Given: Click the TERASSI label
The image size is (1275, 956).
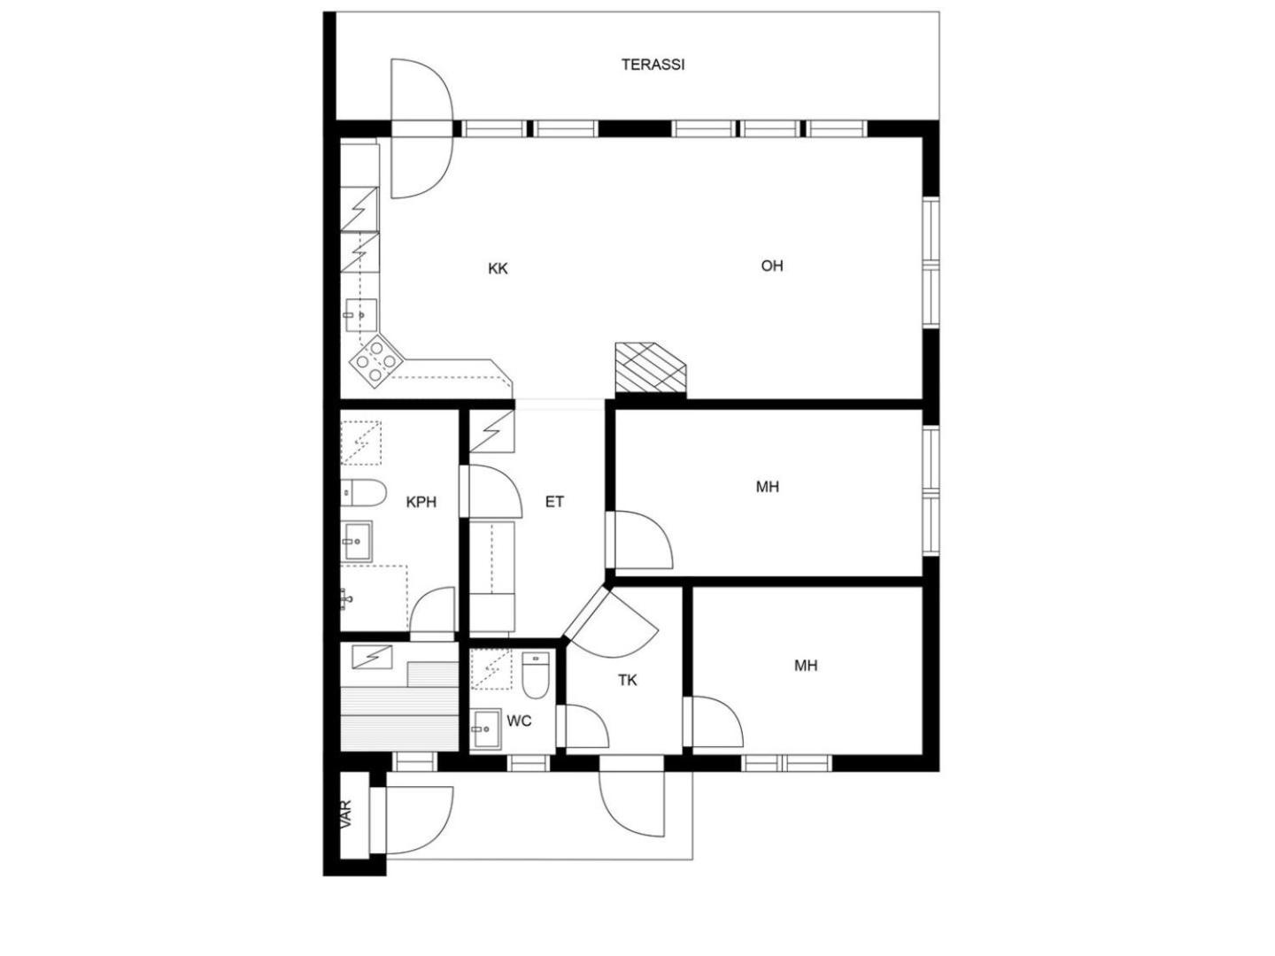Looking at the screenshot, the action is pyautogui.click(x=653, y=65).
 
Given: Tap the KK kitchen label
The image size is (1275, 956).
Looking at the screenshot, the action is pyautogui.click(x=498, y=269).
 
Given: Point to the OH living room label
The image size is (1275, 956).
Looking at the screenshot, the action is pyautogui.click(x=772, y=266).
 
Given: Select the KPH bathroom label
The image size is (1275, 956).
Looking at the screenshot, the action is pyautogui.click(x=421, y=502).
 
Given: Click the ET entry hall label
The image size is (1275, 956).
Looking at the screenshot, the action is pyautogui.click(x=554, y=502).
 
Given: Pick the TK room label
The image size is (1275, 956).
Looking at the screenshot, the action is pyautogui.click(x=628, y=681).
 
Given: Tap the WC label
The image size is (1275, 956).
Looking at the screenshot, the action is pyautogui.click(x=519, y=721).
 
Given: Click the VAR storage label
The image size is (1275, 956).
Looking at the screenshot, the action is pyautogui.click(x=347, y=814).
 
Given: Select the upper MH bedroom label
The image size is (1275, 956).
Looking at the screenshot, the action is pyautogui.click(x=768, y=487).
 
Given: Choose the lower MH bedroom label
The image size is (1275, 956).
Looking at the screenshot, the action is pyautogui.click(x=806, y=666).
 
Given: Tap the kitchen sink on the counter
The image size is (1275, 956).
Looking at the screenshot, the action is pyautogui.click(x=361, y=315).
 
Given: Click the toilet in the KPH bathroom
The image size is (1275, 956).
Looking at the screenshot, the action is pyautogui.click(x=364, y=493).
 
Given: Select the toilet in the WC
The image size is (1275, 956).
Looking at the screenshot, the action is pyautogui.click(x=535, y=675).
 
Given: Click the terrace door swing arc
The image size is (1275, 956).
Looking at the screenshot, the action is pyautogui.click(x=421, y=128).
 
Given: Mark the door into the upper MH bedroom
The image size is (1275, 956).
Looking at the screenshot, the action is pyautogui.click(x=639, y=540).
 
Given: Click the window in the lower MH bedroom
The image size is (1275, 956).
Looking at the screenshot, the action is pyautogui.click(x=786, y=763).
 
